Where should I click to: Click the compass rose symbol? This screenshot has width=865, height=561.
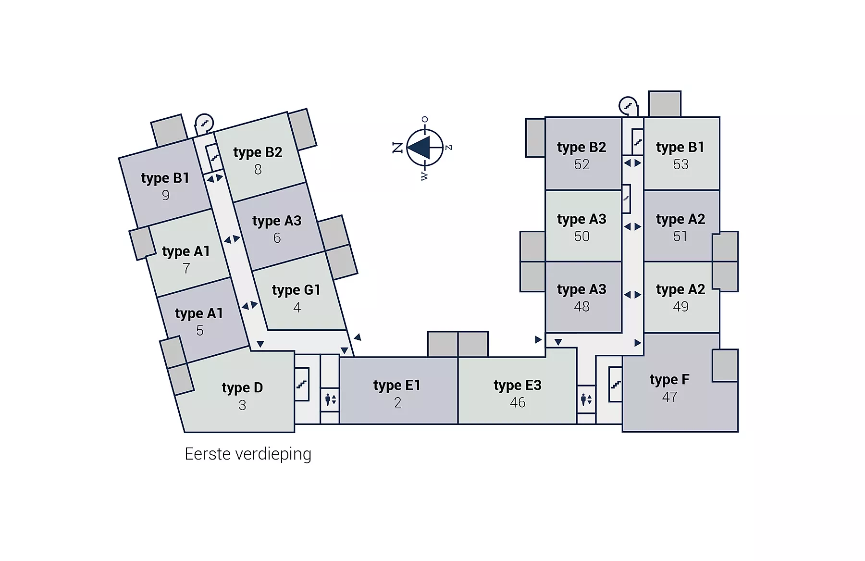(424, 148)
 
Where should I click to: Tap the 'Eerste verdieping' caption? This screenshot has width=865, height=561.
(248, 454)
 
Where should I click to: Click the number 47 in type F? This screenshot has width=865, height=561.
(670, 397)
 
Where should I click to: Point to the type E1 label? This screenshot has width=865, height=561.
(397, 386)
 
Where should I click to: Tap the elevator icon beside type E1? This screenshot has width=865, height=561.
(330, 399)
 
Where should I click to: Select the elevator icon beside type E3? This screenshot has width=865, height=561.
(586, 399)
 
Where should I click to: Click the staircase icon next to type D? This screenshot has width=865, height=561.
(302, 384)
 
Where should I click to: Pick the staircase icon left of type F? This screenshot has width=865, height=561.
(616, 384)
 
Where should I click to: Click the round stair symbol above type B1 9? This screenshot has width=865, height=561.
(204, 123)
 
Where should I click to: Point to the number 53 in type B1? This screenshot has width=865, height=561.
(681, 164)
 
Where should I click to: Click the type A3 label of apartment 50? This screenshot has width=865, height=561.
(581, 219)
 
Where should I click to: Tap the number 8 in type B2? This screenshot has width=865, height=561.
(258, 170)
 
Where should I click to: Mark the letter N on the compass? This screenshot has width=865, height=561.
(397, 148)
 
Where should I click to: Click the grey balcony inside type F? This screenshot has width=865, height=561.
(725, 366)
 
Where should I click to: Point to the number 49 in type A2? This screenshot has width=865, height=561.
(681, 306)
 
